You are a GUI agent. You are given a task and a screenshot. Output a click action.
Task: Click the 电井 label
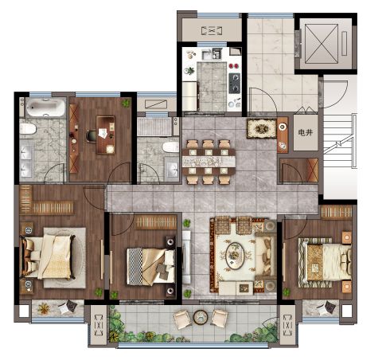coord(305,132)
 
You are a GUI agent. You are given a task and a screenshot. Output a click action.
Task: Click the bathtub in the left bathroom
coord(45,108)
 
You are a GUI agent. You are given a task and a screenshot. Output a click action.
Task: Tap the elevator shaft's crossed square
coord(322,44)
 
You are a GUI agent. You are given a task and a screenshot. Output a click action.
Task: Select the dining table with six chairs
coord(209,162)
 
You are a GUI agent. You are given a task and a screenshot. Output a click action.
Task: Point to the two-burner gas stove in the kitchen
coord(235,83)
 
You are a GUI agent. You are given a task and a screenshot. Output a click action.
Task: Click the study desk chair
coord(91,135)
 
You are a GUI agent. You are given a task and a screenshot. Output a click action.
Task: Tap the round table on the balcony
coord(201,317)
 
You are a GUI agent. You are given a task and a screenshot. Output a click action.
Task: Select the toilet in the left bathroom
coord(28,129)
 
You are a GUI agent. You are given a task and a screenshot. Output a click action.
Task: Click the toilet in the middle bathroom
coord(170,147)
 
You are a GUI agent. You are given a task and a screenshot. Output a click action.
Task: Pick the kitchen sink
coord(207,55)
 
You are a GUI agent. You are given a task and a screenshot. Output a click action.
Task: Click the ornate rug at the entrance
coord(262,129)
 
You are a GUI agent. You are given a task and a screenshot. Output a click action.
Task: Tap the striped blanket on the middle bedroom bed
coord(135,266)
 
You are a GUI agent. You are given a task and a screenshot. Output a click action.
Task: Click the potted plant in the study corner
coord(126,103)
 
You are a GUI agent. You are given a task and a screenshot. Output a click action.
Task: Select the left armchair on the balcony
coord(182,319)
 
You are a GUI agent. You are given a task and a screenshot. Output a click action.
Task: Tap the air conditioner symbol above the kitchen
coord(211,31)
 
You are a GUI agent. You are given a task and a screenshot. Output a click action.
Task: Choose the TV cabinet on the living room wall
coord(186,256)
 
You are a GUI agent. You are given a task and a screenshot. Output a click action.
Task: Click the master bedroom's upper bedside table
coord(27,229)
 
